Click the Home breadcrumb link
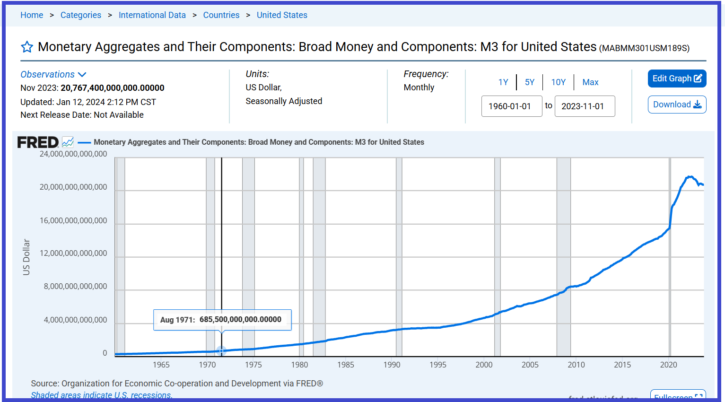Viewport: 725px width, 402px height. tap(32, 15)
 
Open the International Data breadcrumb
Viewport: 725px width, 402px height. tap(152, 15)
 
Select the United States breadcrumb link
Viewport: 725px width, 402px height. tap(282, 15)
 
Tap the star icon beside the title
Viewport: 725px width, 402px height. tap(27, 47)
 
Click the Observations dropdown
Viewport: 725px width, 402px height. tap(53, 74)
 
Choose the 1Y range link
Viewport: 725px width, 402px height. tap(503, 82)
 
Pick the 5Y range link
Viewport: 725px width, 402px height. tap(530, 82)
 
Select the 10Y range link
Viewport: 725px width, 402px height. tap(558, 82)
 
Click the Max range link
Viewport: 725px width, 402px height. tap(590, 82)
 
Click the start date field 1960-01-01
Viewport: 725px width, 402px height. tap(511, 106)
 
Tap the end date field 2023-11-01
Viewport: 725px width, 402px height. tap(585, 106)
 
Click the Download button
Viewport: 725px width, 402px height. tap(677, 105)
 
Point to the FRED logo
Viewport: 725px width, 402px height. tap(38, 142)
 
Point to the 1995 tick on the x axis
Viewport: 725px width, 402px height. tap(438, 365)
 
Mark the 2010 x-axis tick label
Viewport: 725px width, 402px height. tap(576, 365)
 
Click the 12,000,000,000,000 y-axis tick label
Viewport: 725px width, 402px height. tap(73, 253)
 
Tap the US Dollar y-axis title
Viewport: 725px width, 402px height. tap(26, 257)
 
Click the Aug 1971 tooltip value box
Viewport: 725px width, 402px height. tap(222, 320)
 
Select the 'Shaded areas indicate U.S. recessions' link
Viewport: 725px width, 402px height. tap(102, 395)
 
